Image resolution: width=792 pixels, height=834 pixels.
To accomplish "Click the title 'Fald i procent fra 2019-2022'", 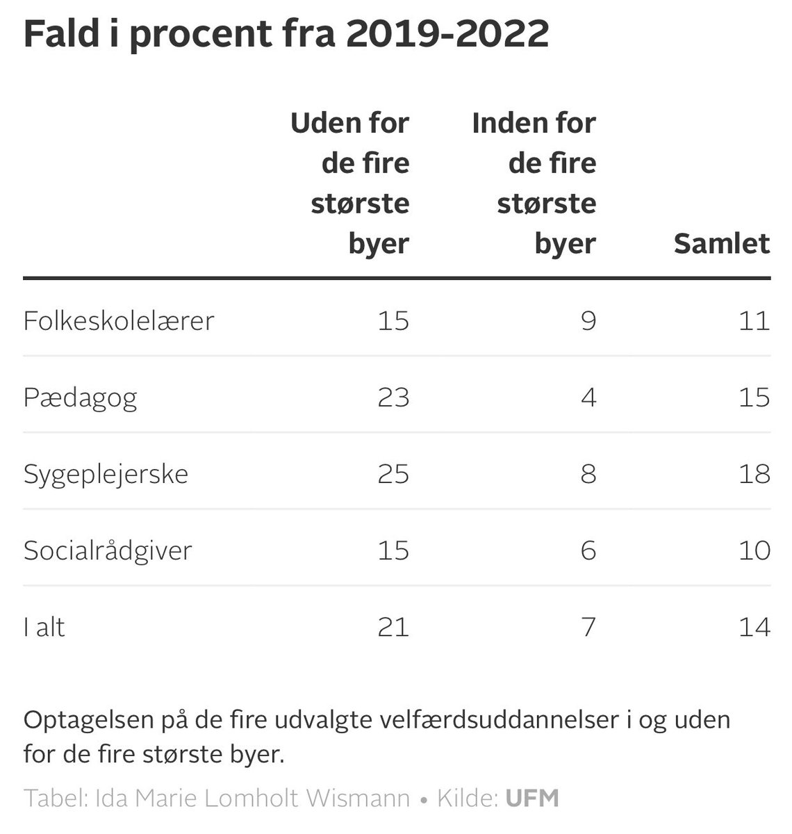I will point(286,34).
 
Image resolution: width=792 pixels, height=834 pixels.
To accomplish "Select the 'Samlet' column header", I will point(721,244).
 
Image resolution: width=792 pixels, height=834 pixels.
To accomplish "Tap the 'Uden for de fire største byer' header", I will point(350,183).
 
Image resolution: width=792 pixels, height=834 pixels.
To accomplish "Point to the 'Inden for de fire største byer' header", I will point(534,183).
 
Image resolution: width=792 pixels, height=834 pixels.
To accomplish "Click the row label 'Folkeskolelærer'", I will point(119,321).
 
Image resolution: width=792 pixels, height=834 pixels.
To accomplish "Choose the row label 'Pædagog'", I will point(81,398).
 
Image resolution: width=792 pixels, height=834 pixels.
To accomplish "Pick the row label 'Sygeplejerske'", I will point(106,475).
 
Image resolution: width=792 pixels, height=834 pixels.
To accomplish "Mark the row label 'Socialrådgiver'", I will point(108,551).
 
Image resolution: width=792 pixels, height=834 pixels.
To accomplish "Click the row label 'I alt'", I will point(44,628).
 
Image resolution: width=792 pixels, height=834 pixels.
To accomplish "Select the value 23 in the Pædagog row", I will point(393,398).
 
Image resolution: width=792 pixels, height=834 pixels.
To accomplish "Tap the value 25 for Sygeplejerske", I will point(393,474).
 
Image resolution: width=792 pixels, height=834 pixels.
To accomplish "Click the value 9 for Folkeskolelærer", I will point(588,321).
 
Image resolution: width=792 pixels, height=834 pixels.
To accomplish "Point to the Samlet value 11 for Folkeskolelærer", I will point(754,321).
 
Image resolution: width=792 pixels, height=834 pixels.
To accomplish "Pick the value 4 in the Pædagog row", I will point(588,398).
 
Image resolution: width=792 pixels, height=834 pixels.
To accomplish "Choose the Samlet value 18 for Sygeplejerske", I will point(754,474).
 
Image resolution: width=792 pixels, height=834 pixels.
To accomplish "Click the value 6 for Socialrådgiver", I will point(588,550).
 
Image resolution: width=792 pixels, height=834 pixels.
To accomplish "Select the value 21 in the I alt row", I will point(393,627).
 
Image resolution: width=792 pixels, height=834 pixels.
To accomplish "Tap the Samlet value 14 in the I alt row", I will point(754,627).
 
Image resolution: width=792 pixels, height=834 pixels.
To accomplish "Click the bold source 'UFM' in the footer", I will point(532,798).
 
